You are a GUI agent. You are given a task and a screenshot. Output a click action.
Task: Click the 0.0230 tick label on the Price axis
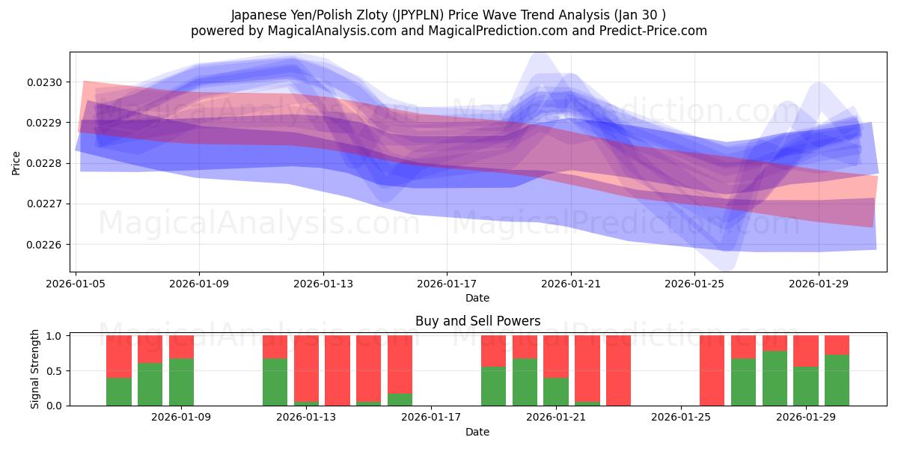click(47, 82)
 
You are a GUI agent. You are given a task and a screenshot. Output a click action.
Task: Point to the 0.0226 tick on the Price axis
click(47, 245)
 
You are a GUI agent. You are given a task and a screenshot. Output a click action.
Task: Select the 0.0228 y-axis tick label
click(47, 163)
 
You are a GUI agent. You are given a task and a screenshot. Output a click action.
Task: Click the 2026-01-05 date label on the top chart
click(75, 284)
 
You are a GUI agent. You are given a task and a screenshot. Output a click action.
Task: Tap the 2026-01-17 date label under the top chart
click(447, 284)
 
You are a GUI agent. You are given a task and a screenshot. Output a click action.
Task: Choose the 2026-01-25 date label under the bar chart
click(681, 418)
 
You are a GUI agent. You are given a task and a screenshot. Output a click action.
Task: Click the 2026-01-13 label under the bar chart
click(309, 418)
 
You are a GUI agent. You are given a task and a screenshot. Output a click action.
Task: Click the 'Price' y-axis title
click(16, 162)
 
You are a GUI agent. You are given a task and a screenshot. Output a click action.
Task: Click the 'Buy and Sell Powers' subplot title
click(477, 322)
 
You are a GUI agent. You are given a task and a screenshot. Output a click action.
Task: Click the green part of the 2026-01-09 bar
click(181, 382)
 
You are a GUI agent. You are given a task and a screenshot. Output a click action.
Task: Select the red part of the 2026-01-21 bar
click(555, 355)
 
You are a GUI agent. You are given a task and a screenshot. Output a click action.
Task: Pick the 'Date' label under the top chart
click(477, 298)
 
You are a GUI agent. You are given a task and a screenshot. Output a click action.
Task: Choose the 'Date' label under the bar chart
click(477, 432)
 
